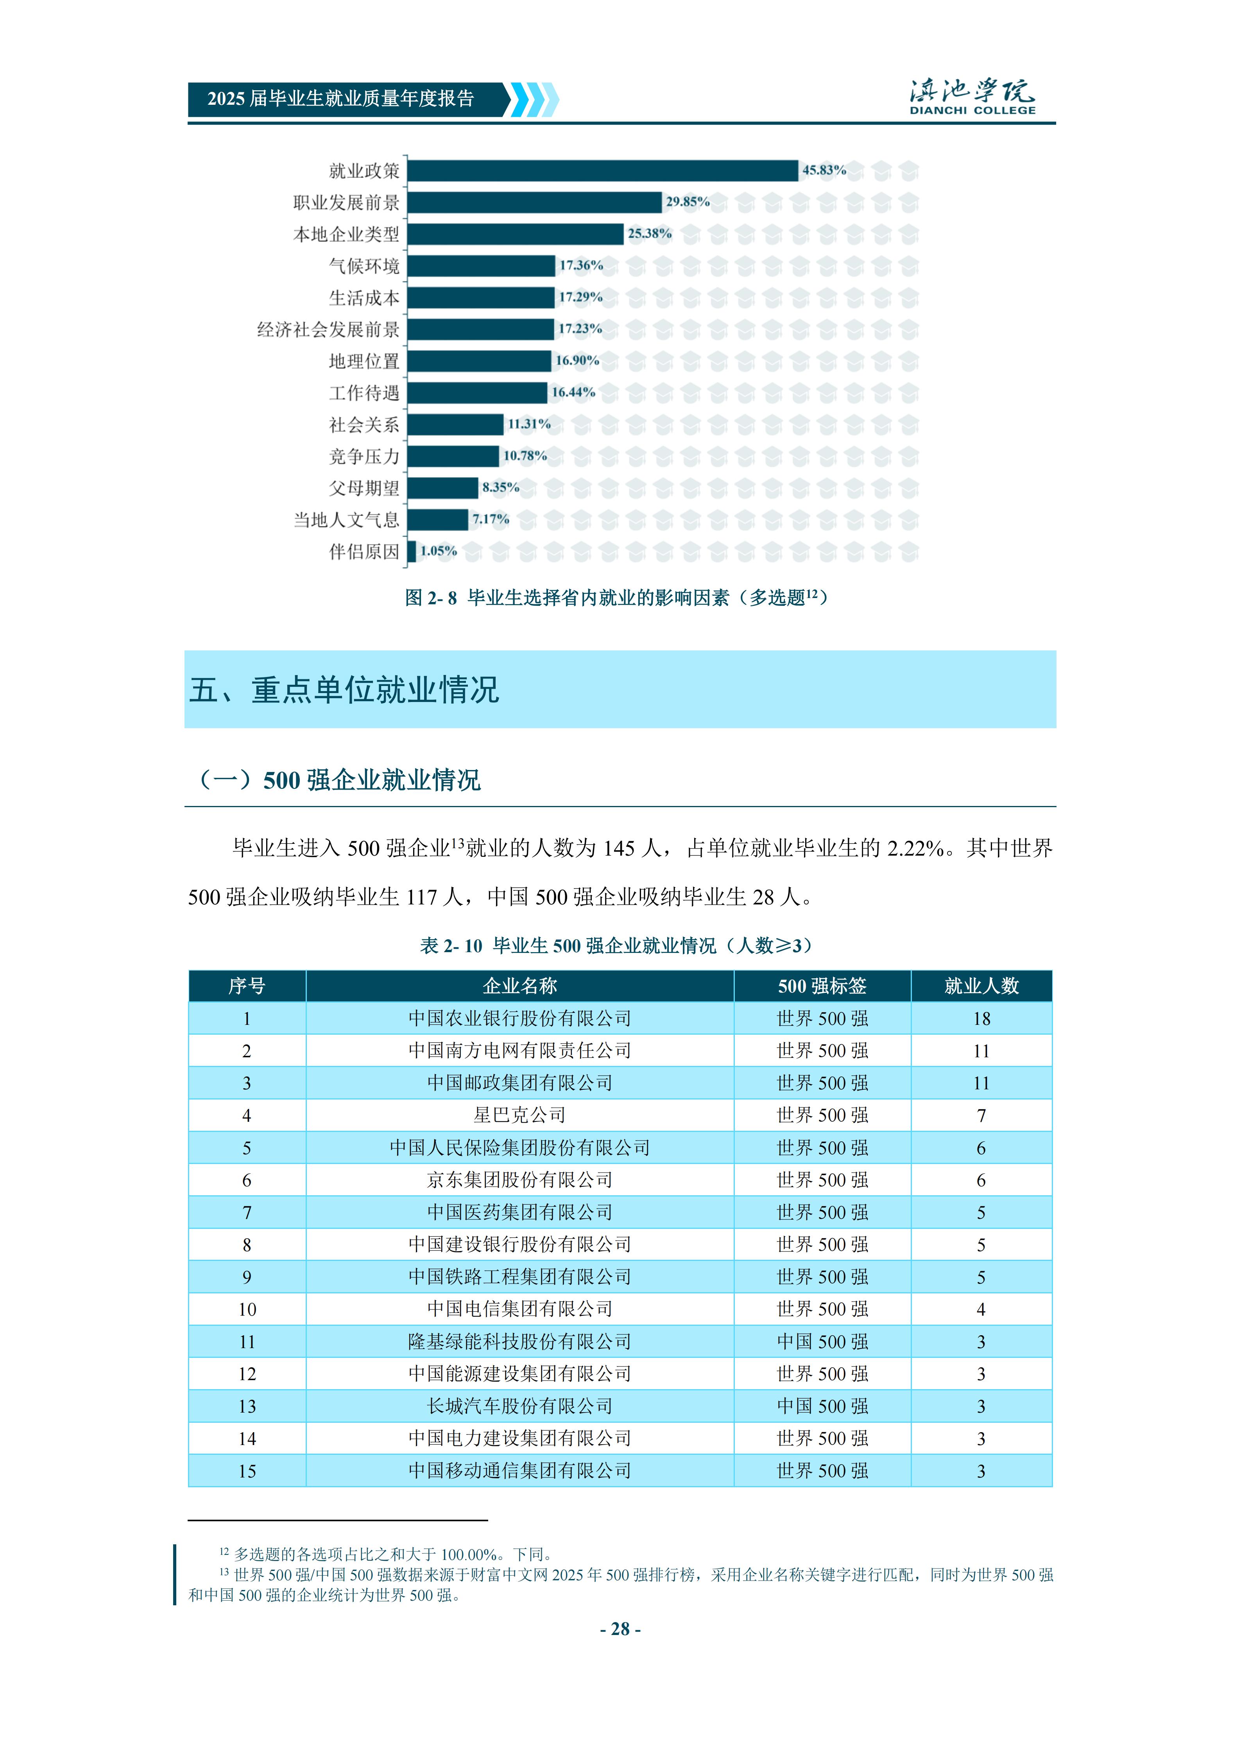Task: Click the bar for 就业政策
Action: [x=602, y=170]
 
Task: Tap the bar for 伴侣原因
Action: [x=412, y=551]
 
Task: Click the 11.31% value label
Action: [x=529, y=424]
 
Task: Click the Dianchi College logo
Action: [x=972, y=97]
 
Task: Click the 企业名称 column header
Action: [x=519, y=986]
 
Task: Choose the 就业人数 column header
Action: [x=981, y=986]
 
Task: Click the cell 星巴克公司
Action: [x=519, y=1115]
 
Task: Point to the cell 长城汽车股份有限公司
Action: [x=519, y=1406]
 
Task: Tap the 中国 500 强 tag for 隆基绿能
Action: [x=822, y=1341]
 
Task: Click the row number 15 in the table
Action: [x=247, y=1471]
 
